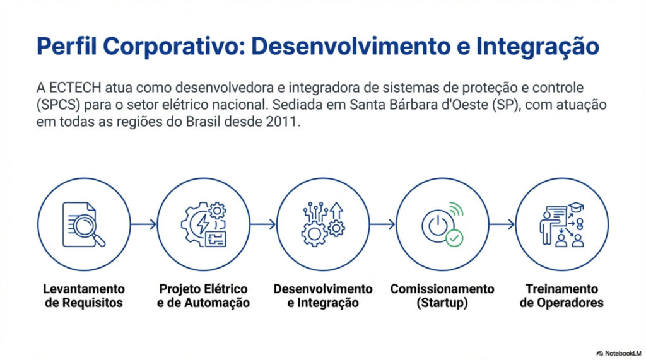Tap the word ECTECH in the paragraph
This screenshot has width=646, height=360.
tap(75, 88)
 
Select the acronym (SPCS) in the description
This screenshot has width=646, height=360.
tap(58, 105)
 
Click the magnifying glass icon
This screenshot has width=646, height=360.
tap(87, 230)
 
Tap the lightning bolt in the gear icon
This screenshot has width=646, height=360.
tap(203, 224)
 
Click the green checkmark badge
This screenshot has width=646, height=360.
tap(454, 238)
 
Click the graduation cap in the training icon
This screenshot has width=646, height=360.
tap(576, 206)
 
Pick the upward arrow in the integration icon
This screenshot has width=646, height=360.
tap(337, 211)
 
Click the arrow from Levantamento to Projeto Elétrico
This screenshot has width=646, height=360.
tap(143, 224)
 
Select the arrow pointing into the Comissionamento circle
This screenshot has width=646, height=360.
tap(382, 224)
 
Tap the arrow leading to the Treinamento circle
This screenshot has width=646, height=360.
tap(502, 224)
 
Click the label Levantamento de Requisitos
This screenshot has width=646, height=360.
tap(84, 296)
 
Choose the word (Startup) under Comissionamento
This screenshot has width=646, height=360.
tap(442, 303)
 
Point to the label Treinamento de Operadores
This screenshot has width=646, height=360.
tap(561, 296)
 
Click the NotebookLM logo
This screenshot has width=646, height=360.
tap(619, 354)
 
